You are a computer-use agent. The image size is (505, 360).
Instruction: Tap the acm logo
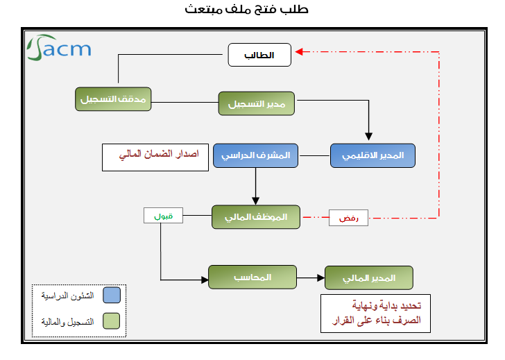pyautogui.click(x=59, y=49)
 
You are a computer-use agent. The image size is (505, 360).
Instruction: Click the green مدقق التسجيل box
pyautogui.click(x=113, y=98)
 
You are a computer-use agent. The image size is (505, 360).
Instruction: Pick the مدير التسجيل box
pyautogui.click(x=257, y=103)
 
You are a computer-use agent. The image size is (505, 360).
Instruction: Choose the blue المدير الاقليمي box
pyautogui.click(x=373, y=156)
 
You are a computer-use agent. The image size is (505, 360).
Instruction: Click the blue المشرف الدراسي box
pyautogui.click(x=255, y=156)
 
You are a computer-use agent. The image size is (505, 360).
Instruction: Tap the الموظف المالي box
pyautogui.click(x=256, y=217)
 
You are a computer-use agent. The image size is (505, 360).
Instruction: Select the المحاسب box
pyautogui.click(x=252, y=277)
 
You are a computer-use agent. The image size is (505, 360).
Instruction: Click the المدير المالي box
pyautogui.click(x=369, y=277)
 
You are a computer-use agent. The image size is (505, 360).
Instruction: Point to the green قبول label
pyautogui.click(x=163, y=216)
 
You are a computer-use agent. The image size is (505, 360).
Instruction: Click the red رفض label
pyautogui.click(x=348, y=218)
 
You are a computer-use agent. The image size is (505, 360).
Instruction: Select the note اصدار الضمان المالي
pyautogui.click(x=155, y=157)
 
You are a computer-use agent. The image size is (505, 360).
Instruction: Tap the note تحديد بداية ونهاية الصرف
pyautogui.click(x=375, y=314)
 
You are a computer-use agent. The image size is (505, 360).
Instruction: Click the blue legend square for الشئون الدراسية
pyautogui.click(x=111, y=295)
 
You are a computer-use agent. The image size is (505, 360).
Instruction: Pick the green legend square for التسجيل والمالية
pyautogui.click(x=111, y=320)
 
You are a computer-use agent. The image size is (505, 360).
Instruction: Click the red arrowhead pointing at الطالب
pyautogui.click(x=299, y=51)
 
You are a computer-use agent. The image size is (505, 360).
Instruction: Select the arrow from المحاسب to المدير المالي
pyautogui.click(x=311, y=277)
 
